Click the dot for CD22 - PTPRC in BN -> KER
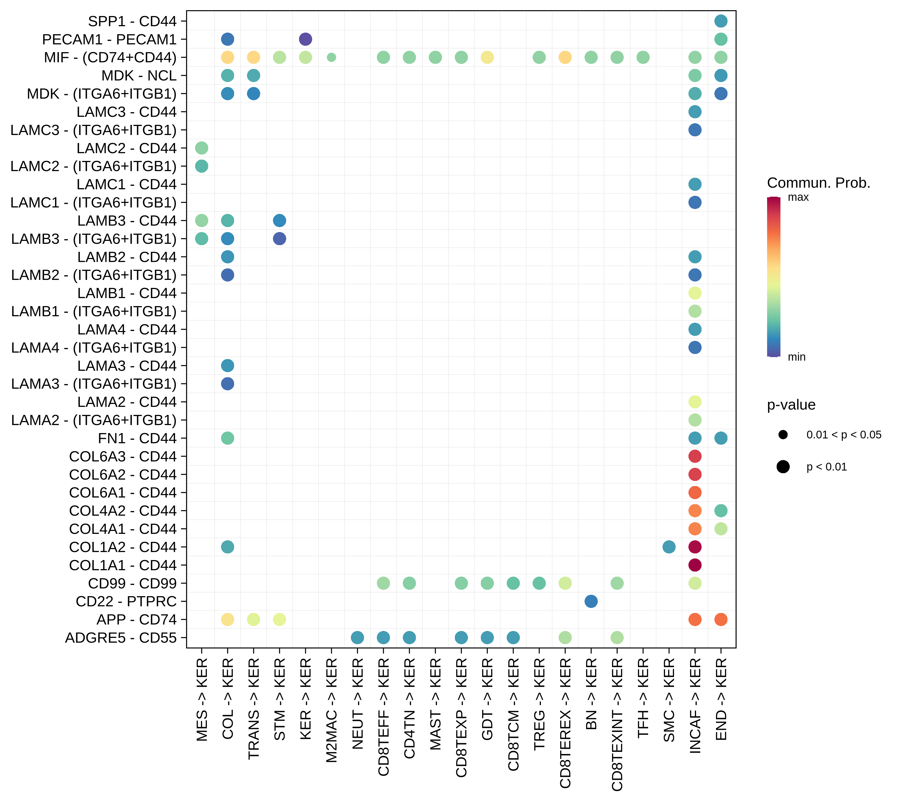[x=591, y=601]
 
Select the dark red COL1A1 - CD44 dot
[x=695, y=565]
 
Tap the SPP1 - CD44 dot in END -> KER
[x=721, y=21]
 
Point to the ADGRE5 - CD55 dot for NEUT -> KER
[x=357, y=637]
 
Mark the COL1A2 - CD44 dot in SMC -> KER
[x=669, y=547]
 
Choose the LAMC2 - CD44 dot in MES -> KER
[x=202, y=148]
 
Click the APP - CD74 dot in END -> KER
[x=721, y=619]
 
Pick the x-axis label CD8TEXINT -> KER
[x=617, y=724]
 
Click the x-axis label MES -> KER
[x=202, y=700]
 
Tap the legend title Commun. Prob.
[x=819, y=183]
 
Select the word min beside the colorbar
[x=796, y=357]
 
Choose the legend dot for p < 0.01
[x=783, y=466]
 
